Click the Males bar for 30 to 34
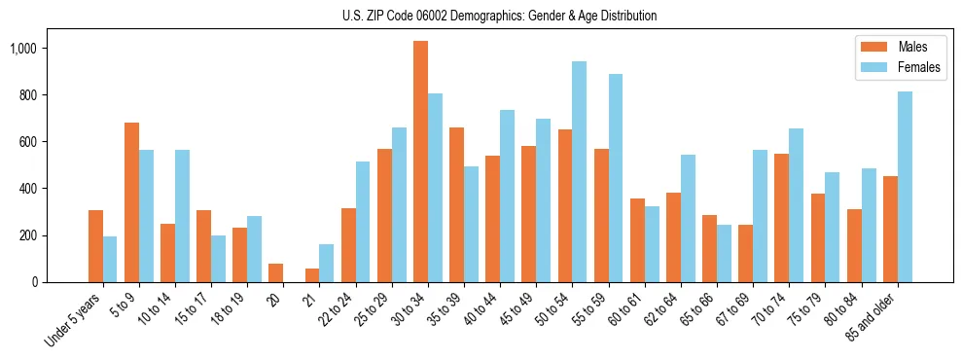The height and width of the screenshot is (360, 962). point(420,162)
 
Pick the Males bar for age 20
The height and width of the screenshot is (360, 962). point(276,273)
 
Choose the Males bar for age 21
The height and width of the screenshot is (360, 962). point(312,275)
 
